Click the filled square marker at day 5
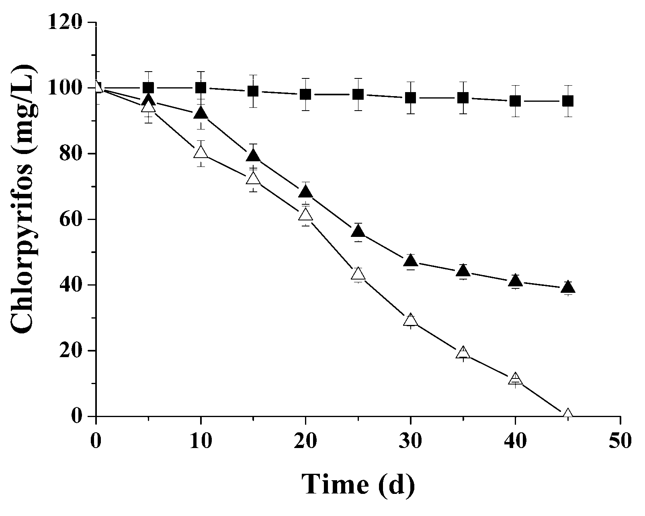[x=148, y=88]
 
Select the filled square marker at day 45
[x=568, y=101]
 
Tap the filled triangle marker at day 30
[x=410, y=261]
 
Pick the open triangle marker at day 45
[x=568, y=414]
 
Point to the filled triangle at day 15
[x=253, y=156]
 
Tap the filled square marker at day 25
[x=358, y=95]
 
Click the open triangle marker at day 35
[x=463, y=353]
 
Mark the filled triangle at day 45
[x=568, y=287]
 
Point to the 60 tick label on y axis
[x=71, y=219]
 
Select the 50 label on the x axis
[x=620, y=440]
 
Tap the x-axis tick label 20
[x=305, y=440]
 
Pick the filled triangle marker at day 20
[x=305, y=192]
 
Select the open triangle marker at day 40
[x=515, y=379]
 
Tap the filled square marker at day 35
[x=463, y=98]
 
